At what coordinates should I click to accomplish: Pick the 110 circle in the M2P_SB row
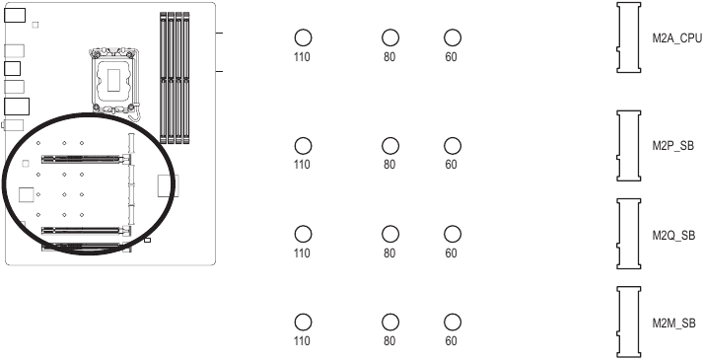click(x=303, y=146)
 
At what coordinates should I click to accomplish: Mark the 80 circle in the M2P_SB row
click(x=389, y=146)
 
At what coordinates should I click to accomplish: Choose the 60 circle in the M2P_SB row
click(x=452, y=146)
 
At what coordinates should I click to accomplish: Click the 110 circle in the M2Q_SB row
click(x=303, y=235)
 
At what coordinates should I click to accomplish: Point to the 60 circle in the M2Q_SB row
click(x=452, y=235)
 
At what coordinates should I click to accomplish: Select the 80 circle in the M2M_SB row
click(x=389, y=323)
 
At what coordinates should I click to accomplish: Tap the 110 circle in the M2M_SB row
click(x=303, y=323)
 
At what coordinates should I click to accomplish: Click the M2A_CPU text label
click(x=676, y=38)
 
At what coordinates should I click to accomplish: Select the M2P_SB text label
click(x=673, y=146)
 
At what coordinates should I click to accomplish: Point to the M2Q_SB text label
click(x=673, y=235)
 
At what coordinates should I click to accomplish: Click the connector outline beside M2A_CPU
click(x=629, y=37)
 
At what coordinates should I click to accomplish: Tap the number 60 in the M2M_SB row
click(x=452, y=341)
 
